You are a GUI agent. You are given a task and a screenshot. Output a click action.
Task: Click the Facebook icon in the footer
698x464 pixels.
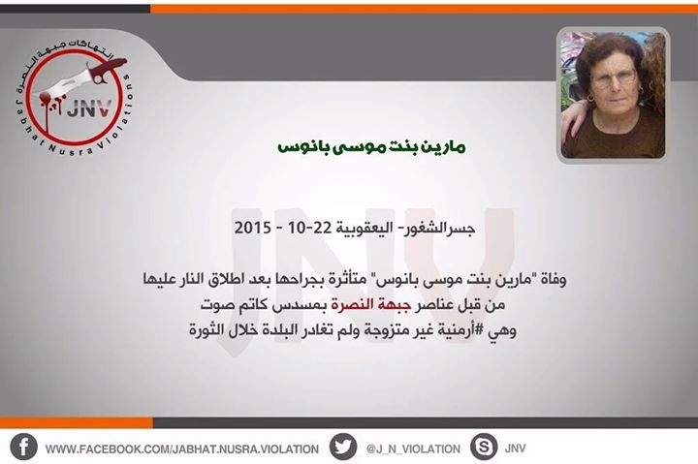pyautogui.click(x=23, y=448)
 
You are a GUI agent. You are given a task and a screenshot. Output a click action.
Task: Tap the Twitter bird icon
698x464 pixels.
pyautogui.click(x=343, y=448)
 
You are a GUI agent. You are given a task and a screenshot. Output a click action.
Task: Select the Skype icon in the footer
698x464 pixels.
pyautogui.click(x=484, y=447)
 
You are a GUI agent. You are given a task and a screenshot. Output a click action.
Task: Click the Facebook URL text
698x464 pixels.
pyautogui.click(x=182, y=449)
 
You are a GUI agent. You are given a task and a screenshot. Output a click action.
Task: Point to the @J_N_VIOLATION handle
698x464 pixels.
pyautogui.click(x=413, y=449)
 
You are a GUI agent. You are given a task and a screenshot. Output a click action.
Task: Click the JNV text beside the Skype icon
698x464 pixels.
pyautogui.click(x=515, y=448)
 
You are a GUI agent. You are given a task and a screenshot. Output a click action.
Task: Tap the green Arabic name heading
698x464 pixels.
pyautogui.click(x=371, y=146)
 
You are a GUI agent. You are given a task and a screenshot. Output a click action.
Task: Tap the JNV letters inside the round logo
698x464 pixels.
pyautogui.click(x=88, y=108)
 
